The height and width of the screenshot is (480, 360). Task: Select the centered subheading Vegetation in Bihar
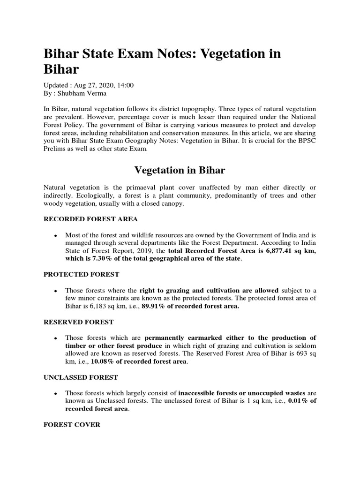180,170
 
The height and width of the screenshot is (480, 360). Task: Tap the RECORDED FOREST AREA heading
90,219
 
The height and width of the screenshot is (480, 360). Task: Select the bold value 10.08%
105,361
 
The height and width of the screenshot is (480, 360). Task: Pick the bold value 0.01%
298,401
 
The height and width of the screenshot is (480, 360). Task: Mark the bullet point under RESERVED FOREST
56,338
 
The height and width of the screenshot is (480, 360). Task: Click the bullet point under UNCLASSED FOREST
56,393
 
